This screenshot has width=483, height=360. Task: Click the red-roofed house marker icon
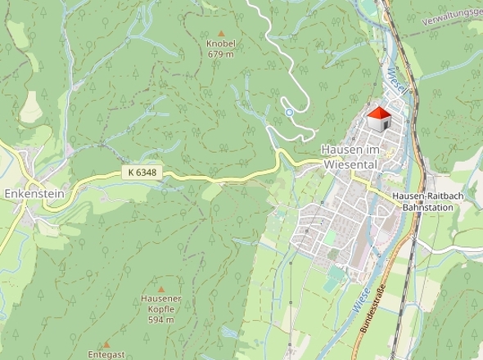pos(378,119)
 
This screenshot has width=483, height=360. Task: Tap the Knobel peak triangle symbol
pos(221,33)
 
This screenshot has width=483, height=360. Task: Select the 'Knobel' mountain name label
pos(221,43)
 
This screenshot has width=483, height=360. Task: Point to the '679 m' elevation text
pos(221,54)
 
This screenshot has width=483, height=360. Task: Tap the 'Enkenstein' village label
pos(33,195)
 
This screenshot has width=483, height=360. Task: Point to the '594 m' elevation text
pos(160,320)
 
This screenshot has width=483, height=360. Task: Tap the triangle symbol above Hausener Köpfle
pos(160,289)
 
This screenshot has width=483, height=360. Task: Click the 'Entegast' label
pos(106,355)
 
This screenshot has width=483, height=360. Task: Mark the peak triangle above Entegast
pos(106,344)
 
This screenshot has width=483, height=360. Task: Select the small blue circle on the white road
pos(288,112)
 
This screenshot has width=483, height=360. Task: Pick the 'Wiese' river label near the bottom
pos(362,297)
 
